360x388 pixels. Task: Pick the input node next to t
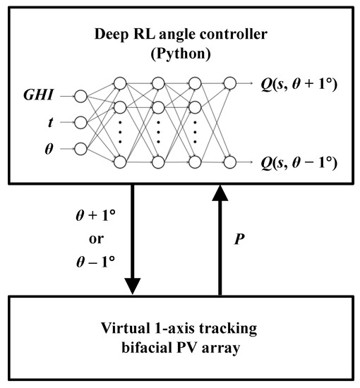(x=80, y=122)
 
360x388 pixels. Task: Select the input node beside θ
(x=80, y=149)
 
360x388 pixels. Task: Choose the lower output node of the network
(x=230, y=162)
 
